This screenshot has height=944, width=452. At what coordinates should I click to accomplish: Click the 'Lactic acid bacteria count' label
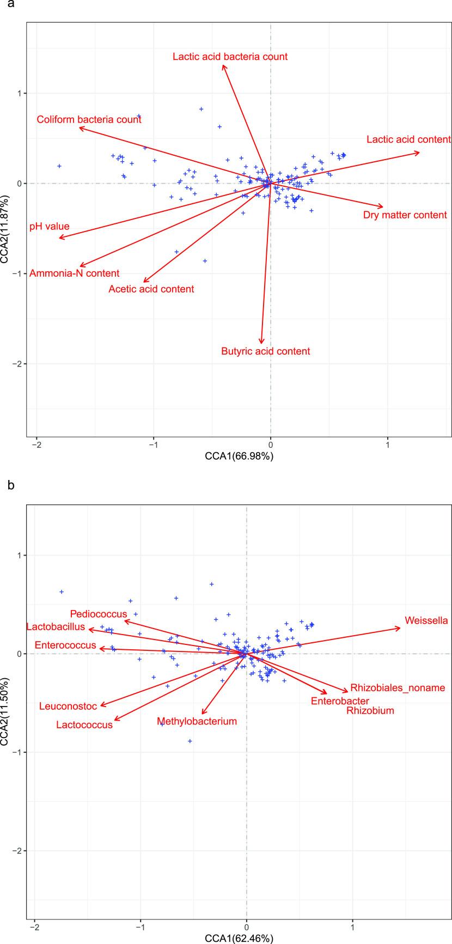[x=230, y=57]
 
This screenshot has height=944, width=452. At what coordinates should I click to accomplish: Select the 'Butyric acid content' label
[x=265, y=351]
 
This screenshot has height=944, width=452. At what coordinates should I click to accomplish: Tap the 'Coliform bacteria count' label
[x=89, y=120]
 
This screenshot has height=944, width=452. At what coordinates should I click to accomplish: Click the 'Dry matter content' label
[x=405, y=215]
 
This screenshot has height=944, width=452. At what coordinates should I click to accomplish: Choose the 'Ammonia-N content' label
[x=74, y=273]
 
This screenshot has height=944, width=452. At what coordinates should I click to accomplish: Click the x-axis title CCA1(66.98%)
[x=239, y=456]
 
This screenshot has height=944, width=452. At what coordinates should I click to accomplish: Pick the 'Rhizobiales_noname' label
[x=398, y=688]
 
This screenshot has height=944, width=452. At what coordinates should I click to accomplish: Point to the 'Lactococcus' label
[x=84, y=725]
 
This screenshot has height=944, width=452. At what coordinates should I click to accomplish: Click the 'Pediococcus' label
[x=99, y=614]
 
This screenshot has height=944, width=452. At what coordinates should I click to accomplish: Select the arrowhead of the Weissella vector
[x=400, y=628]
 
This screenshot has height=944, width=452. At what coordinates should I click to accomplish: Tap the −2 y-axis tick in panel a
[x=20, y=364]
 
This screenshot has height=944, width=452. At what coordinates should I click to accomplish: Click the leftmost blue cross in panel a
[x=59, y=166]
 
